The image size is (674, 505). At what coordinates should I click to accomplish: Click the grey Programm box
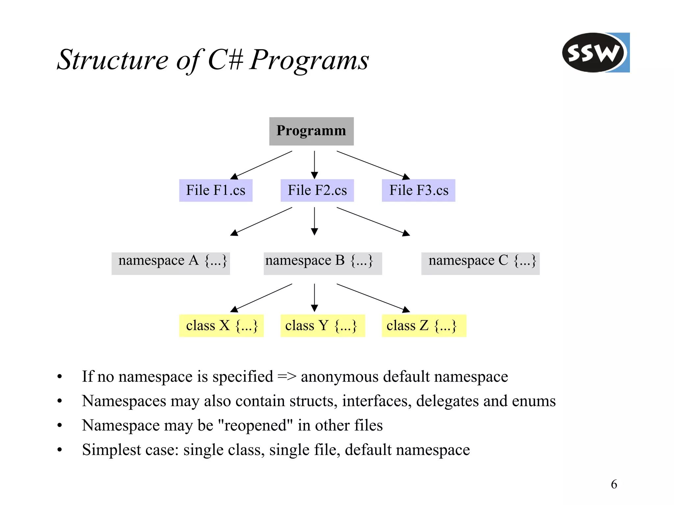[x=311, y=131]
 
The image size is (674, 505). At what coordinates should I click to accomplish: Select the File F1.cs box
[x=216, y=190]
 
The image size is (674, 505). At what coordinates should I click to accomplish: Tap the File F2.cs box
[x=317, y=190]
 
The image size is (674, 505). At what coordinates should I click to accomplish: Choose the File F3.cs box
[x=418, y=190]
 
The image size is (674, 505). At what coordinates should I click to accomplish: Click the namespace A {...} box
[x=170, y=263]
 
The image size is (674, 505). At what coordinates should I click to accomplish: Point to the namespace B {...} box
[x=323, y=263]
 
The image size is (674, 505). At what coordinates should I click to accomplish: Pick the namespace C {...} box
[x=480, y=263]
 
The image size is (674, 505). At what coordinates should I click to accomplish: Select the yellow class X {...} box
[x=221, y=326]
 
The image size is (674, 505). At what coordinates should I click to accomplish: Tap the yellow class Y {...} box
[x=323, y=326]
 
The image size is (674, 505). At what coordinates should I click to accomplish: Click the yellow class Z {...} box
[x=424, y=326]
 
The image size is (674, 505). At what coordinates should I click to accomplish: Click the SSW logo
[x=595, y=53]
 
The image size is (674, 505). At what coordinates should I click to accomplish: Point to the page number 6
[x=614, y=484]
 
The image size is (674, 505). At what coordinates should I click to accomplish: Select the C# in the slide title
[x=226, y=60]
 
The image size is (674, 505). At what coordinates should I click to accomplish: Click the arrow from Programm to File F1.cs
[x=262, y=165]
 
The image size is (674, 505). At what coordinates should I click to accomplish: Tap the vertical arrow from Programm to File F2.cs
[x=314, y=165]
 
